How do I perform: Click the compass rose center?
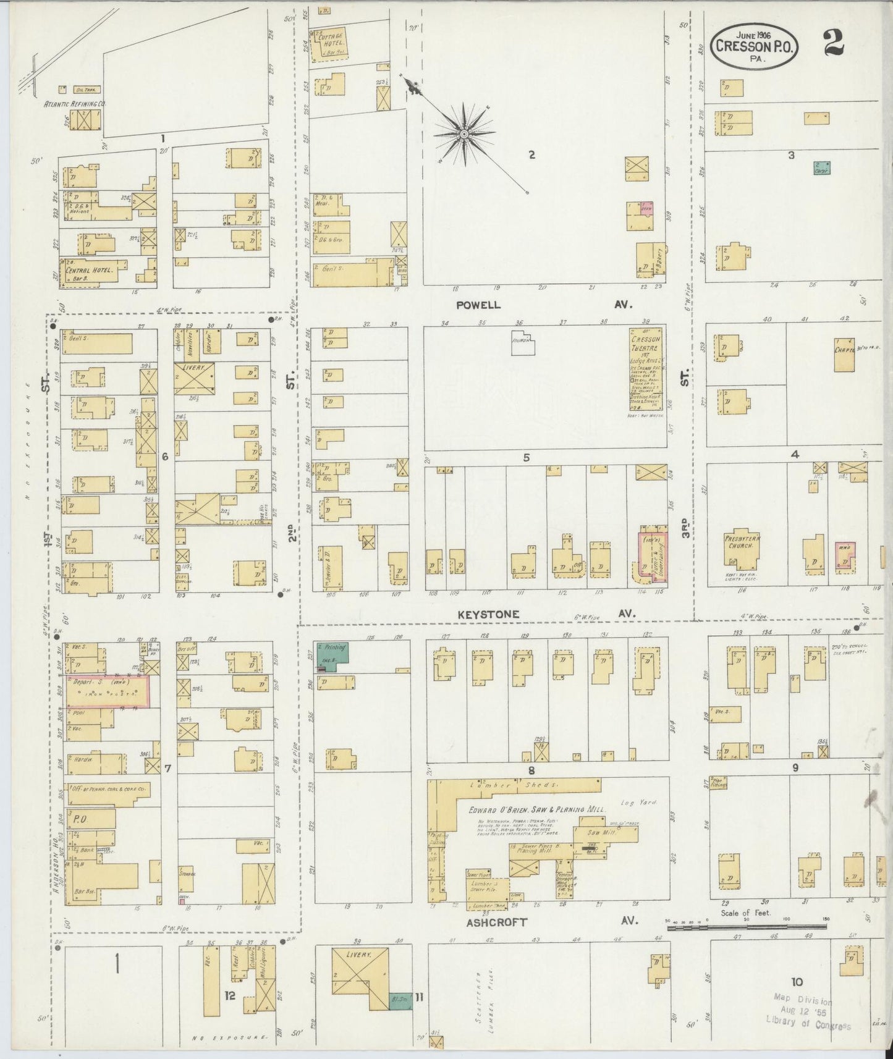(x=463, y=133)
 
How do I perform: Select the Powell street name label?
(x=478, y=305)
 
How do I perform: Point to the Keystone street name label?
(x=489, y=614)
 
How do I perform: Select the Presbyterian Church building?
(x=742, y=547)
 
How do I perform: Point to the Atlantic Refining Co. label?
(x=74, y=104)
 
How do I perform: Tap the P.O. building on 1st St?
(x=91, y=819)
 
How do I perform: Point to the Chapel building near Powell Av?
(x=844, y=354)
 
